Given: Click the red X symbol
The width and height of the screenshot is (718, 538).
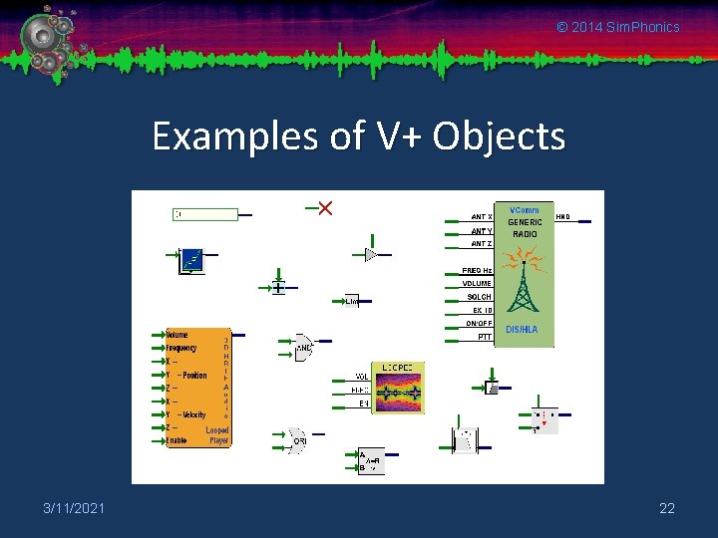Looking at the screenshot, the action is click(324, 208).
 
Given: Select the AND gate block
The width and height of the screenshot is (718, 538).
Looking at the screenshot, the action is click(303, 347).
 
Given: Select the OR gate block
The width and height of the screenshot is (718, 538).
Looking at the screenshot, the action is click(297, 439).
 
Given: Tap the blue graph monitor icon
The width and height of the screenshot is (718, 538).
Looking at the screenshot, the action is click(191, 261).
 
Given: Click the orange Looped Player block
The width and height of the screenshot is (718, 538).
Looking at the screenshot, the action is click(197, 388).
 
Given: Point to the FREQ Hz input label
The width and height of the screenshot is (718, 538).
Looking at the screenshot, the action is click(477, 270).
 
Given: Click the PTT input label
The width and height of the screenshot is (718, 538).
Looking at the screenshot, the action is click(484, 337).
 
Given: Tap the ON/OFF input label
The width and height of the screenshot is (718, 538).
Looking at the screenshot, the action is click(479, 323).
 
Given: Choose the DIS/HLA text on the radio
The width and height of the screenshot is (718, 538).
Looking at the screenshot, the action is click(522, 329).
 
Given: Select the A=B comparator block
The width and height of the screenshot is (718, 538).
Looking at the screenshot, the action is click(371, 461).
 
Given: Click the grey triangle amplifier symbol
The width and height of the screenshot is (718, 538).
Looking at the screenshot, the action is click(371, 255).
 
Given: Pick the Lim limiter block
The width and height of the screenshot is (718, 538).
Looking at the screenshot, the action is click(351, 301).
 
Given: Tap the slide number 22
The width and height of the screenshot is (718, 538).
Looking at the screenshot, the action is click(667, 509).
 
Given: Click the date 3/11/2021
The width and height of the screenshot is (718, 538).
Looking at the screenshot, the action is click(74, 509).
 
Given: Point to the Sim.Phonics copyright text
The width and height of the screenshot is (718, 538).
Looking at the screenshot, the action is click(618, 27).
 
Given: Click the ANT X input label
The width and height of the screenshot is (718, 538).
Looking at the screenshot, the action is click(480, 216).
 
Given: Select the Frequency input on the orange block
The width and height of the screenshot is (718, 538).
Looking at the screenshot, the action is click(181, 348).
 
